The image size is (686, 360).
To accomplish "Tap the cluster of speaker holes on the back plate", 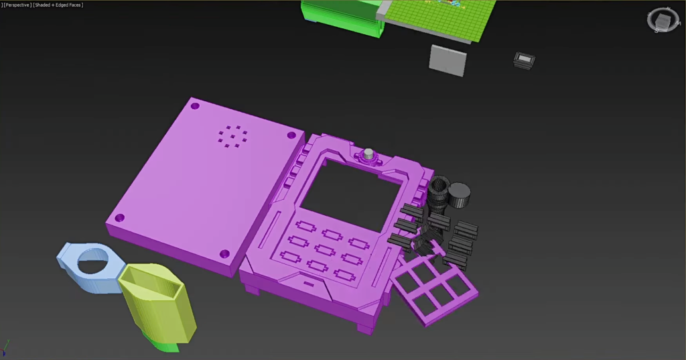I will [232, 136].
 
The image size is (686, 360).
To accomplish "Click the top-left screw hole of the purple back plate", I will [195, 106].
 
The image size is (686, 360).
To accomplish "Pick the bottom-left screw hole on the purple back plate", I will [120, 219].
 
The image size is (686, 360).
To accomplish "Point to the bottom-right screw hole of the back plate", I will [224, 253].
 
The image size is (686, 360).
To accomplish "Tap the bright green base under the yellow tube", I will [163, 345].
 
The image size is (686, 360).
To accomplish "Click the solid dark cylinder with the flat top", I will [460, 194].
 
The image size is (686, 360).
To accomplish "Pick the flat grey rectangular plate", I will [447, 60].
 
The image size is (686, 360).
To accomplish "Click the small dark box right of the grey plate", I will [524, 60].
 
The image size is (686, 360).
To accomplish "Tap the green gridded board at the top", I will [442, 16].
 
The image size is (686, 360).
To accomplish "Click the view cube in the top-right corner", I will [663, 20].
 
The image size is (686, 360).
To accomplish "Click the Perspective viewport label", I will [17, 5].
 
